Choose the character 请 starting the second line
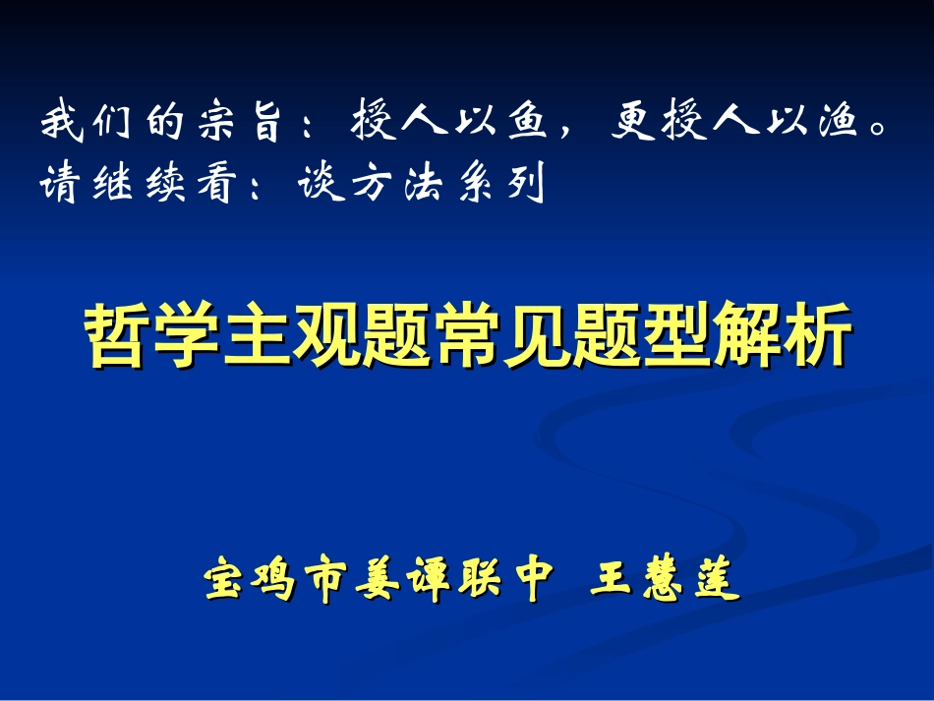60,185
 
